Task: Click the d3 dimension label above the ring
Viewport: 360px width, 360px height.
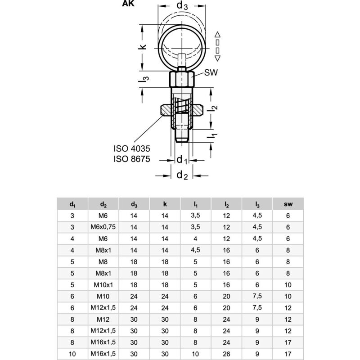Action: pos(182,6)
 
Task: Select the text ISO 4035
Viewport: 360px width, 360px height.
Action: pos(132,148)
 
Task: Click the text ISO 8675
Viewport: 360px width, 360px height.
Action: pos(132,158)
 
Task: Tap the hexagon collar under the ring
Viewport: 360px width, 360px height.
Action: pos(182,80)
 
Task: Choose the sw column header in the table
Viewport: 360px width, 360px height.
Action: pos(288,204)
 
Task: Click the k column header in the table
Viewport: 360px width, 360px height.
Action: pos(165,204)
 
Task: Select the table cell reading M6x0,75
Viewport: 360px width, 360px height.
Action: pos(103,227)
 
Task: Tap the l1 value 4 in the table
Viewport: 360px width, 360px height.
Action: pos(195,239)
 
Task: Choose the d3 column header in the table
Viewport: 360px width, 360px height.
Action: pos(134,204)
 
